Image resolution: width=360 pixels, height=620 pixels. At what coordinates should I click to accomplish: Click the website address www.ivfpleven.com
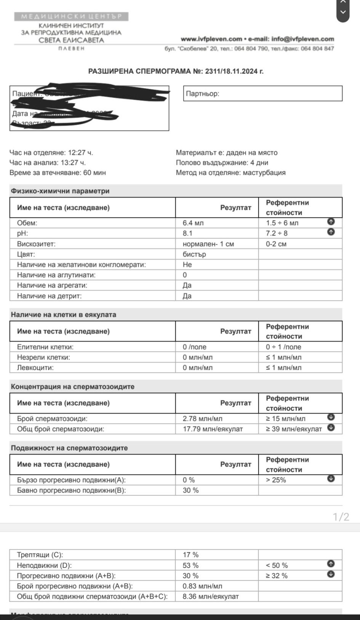[x=211, y=39]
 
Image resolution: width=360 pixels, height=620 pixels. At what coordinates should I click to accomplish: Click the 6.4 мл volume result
[x=193, y=223]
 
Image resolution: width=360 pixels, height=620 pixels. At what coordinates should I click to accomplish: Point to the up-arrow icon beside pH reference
[x=331, y=232]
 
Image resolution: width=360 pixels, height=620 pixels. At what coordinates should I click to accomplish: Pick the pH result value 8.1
[x=187, y=233]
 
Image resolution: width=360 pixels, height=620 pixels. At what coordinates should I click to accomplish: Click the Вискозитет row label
[x=36, y=244]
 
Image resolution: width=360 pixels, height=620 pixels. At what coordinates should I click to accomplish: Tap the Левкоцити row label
[x=35, y=368]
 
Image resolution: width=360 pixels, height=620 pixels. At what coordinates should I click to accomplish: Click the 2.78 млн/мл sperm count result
[x=202, y=419]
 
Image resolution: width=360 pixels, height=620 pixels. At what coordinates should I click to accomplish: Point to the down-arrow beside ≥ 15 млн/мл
[x=331, y=417]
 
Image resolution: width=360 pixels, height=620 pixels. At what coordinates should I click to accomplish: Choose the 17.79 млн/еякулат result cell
[x=213, y=429]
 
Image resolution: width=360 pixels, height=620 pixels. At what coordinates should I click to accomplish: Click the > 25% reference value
[x=276, y=480]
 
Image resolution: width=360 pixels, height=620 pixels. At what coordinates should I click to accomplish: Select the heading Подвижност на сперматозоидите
[x=69, y=448]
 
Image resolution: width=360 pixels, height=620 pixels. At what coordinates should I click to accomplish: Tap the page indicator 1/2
[x=341, y=517]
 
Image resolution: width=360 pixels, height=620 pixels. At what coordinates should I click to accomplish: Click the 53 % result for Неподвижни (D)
[x=190, y=566]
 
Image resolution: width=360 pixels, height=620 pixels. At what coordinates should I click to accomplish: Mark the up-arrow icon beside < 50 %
[x=331, y=564]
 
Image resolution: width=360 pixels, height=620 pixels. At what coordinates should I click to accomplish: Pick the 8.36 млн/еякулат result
[x=210, y=596]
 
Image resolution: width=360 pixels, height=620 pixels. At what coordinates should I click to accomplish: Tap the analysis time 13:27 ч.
[x=77, y=163]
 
